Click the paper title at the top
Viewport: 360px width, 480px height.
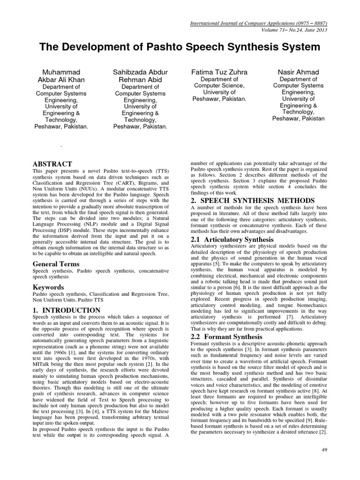click(180, 47)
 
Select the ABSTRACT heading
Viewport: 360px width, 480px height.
click(52, 164)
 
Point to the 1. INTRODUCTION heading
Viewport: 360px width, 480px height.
click(66, 310)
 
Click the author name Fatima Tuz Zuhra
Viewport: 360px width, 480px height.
click(219, 72)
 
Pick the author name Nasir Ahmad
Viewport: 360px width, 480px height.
click(298, 72)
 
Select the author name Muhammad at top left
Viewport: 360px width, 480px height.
click(61, 72)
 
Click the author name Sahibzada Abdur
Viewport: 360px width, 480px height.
click(141, 72)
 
